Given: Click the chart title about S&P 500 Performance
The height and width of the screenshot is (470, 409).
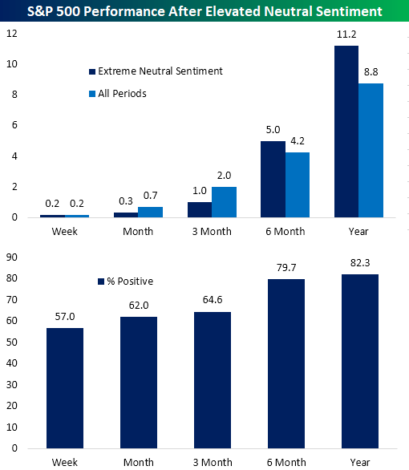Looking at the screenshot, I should point(204,12).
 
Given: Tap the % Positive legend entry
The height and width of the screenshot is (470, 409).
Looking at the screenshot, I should point(127,281).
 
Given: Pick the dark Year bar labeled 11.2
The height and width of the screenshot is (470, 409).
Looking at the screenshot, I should point(346,132).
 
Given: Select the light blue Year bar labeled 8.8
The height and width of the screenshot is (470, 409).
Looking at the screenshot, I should point(371,150).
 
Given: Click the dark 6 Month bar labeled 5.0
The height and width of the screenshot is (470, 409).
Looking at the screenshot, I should point(273,179).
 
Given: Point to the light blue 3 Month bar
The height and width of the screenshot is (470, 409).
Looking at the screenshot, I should point(224,201).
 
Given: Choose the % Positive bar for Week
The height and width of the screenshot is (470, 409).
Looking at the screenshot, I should point(65,388).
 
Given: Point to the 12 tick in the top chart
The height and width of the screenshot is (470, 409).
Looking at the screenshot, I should point(10,34).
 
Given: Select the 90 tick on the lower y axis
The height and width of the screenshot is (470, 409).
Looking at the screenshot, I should point(12,257).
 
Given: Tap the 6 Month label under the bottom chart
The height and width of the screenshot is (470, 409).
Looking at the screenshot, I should point(285,463).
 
